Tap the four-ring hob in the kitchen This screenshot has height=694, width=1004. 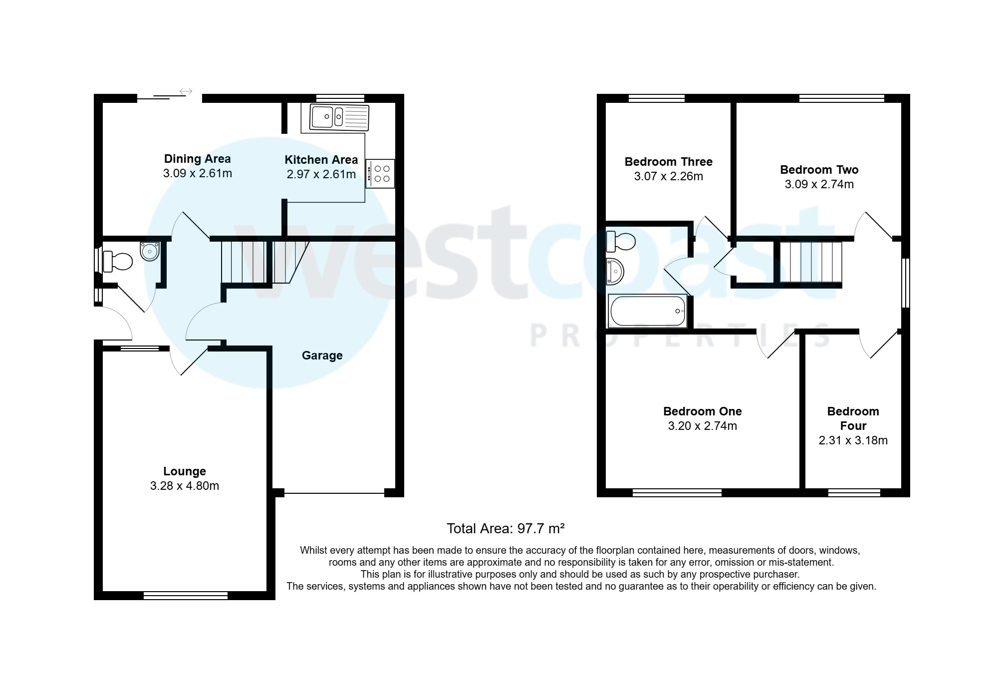[x=380, y=174]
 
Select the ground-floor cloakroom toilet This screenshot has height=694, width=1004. [x=118, y=262]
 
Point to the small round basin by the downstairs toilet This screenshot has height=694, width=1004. [x=150, y=251]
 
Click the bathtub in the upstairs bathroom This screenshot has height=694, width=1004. [x=648, y=311]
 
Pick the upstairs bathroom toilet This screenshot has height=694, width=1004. [x=621, y=242]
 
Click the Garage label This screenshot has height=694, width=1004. [x=322, y=355]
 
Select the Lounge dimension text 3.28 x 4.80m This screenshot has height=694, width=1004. [x=185, y=486]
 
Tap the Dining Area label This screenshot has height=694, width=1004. [x=197, y=159]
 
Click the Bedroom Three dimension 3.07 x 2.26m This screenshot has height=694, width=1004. [x=668, y=176]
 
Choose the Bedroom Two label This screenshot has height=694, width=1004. [x=819, y=170]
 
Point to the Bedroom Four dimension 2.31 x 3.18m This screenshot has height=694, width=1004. [x=853, y=440]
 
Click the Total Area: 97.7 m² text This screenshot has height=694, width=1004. [x=505, y=528]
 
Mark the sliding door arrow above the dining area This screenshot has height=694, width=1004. [x=186, y=91]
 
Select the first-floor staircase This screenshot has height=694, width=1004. [x=810, y=262]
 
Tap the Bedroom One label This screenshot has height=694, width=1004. [x=702, y=411]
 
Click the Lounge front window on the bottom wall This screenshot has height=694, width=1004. [x=186, y=595]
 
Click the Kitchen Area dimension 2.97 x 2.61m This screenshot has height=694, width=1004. [x=321, y=174]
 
